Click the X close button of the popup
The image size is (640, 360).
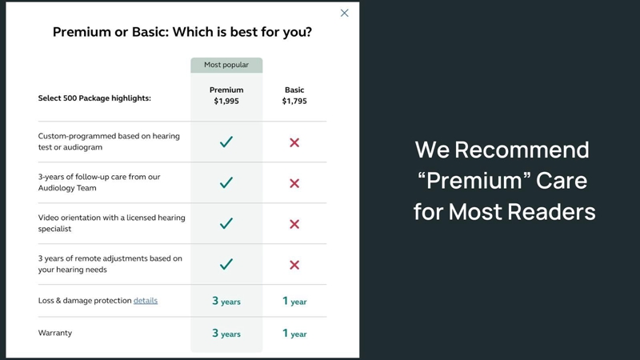345,13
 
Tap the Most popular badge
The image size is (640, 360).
226,65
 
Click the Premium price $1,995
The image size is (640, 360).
226,101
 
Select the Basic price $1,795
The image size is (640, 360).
294,101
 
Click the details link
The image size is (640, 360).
146,301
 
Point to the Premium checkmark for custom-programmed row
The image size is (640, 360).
226,142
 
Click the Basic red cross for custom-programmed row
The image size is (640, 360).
294,142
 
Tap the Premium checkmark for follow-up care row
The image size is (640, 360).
226,182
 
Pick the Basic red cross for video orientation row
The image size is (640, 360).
294,224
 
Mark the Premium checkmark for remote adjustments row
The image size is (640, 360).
226,264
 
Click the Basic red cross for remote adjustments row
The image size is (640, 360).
294,265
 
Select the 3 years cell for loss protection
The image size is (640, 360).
226,301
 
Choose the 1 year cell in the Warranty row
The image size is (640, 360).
294,333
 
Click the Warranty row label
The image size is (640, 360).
55,333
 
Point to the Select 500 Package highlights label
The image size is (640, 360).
94,98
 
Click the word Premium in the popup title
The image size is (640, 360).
82,32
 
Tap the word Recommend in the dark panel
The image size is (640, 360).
522,150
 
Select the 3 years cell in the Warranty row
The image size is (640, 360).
226,333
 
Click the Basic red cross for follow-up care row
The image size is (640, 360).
294,183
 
